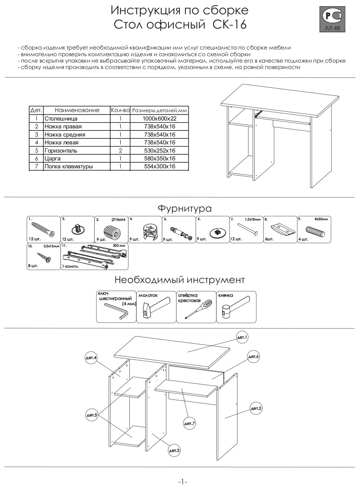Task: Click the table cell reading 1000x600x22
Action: tap(159, 119)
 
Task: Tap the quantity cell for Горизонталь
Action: tap(120, 151)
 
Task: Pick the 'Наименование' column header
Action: tap(77, 110)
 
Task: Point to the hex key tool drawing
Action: tap(117, 310)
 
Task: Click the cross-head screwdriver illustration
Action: tap(196, 309)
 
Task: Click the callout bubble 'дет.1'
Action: tap(242, 337)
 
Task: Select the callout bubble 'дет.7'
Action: tap(189, 423)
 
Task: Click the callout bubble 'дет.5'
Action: tap(91, 415)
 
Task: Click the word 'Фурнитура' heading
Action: tap(185, 208)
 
